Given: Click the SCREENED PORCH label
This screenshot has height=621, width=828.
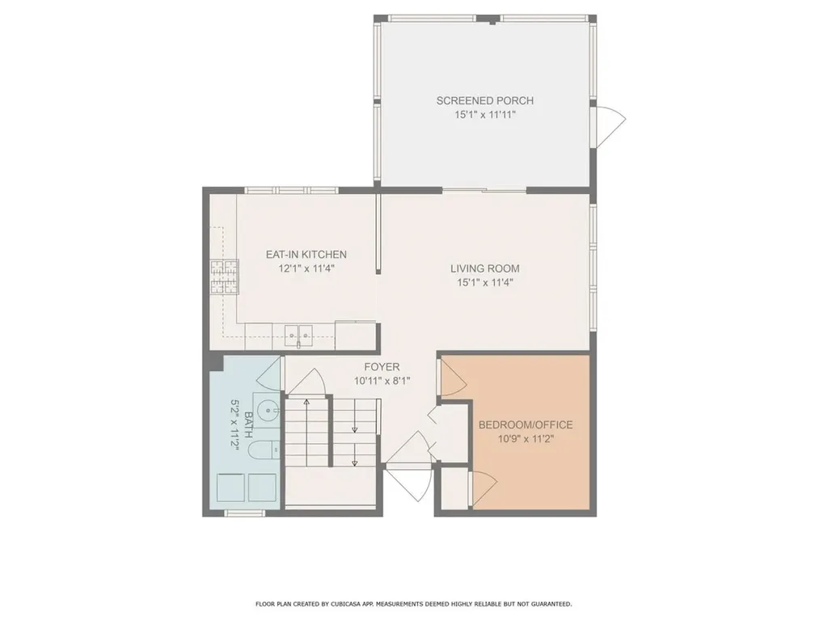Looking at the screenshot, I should pos(484,101).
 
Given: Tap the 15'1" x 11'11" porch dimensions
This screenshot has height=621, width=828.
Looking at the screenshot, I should pos(484,116).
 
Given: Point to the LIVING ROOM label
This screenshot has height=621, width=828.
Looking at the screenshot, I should pos(484,268).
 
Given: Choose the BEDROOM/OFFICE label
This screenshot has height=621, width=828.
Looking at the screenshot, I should pos(526,425).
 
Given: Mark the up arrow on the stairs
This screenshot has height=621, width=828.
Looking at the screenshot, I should pos(306,402).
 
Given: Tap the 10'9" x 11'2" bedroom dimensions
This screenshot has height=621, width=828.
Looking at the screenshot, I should pos(526,439).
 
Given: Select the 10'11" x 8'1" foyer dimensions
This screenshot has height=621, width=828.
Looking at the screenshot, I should pos(382,381).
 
